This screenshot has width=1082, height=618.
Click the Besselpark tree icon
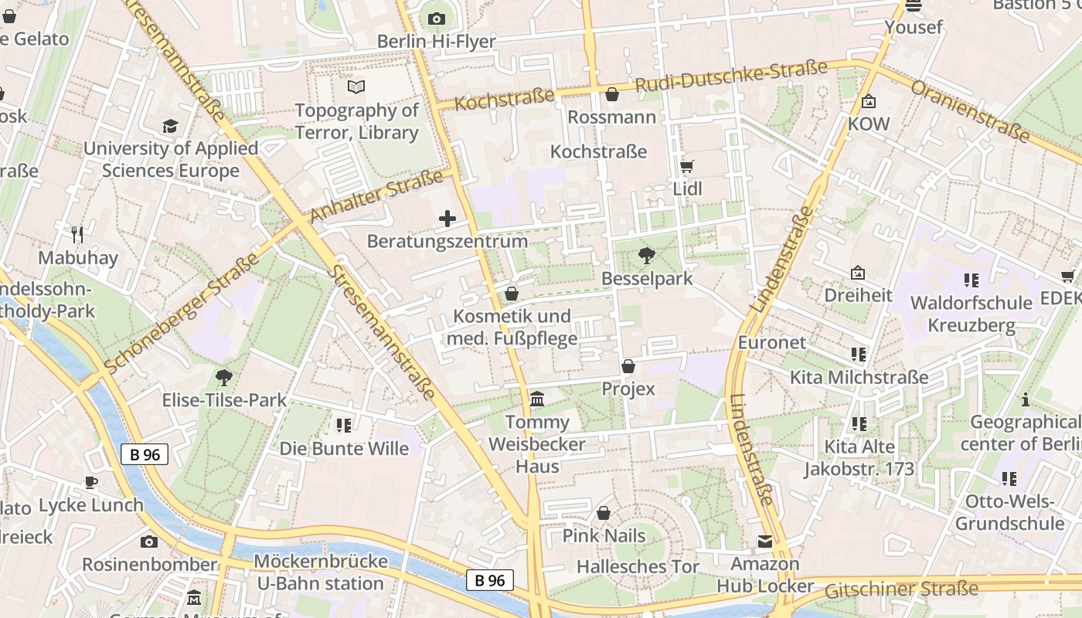(x=647, y=256)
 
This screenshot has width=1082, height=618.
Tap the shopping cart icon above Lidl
(x=686, y=166)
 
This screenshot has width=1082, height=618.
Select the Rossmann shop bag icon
(x=612, y=95)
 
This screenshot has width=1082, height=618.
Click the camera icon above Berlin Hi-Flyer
(x=436, y=19)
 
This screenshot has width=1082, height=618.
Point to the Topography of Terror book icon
(x=356, y=87)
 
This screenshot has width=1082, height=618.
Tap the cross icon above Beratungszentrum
(x=447, y=219)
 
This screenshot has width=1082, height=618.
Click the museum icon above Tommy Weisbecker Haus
(x=537, y=399)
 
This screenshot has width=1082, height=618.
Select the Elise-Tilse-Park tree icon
(x=224, y=378)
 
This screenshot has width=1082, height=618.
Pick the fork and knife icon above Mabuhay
(x=77, y=234)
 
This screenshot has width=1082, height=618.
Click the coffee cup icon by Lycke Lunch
(x=91, y=483)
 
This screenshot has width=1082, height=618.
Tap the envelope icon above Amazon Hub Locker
(x=764, y=542)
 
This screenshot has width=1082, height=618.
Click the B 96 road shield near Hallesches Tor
(x=490, y=580)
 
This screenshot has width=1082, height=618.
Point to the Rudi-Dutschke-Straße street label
(x=730, y=76)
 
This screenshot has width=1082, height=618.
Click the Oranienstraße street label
(x=971, y=110)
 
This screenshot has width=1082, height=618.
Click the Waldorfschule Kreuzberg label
(x=971, y=314)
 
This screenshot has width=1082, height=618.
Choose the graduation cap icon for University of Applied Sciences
(x=170, y=126)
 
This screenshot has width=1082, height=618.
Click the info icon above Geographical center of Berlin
(x=1026, y=399)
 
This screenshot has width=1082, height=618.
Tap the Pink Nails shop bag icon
(x=604, y=514)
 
